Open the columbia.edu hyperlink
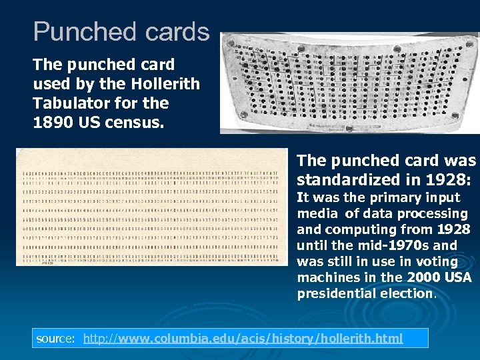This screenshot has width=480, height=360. tap(243, 339)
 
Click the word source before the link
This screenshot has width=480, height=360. tap(56, 339)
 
